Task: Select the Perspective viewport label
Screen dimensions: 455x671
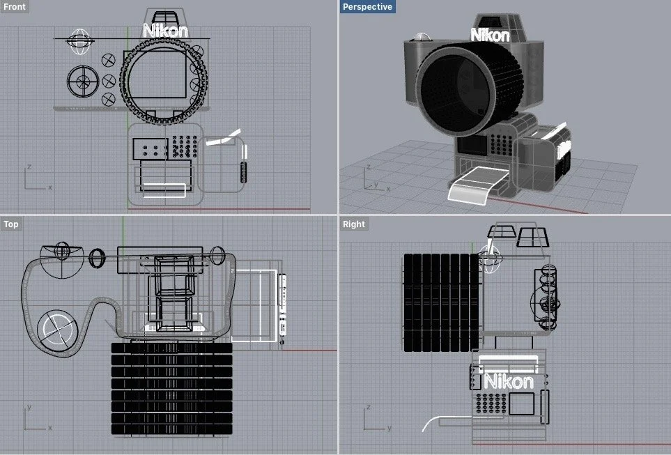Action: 367,7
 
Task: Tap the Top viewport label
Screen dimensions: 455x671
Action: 11,224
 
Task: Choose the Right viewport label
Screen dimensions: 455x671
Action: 353,224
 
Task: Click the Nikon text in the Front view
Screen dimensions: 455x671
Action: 165,30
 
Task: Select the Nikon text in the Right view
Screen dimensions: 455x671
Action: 509,381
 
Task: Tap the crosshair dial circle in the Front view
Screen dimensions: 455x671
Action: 83,82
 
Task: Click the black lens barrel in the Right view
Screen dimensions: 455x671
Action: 441,302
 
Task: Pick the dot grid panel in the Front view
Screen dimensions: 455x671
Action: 182,146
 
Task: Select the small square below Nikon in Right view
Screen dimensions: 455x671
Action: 521,403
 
